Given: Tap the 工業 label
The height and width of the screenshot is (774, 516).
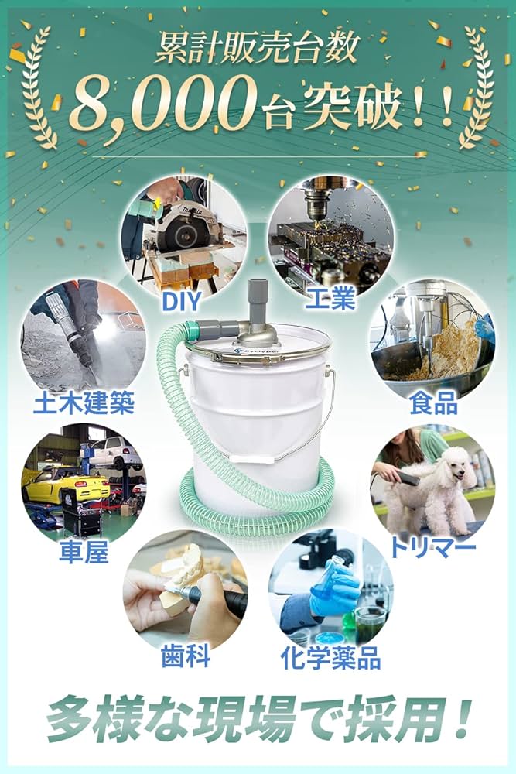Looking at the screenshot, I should tap(330, 297).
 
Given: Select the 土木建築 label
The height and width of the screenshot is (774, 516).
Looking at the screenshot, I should tap(84, 402).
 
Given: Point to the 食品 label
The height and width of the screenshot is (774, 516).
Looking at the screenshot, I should tap(434, 402).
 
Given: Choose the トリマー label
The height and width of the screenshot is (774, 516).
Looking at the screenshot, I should tap(432, 547).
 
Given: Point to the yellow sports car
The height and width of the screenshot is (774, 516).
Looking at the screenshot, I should tap(66, 485).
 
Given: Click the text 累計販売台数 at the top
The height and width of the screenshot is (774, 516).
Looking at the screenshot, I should tap(257, 50).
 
